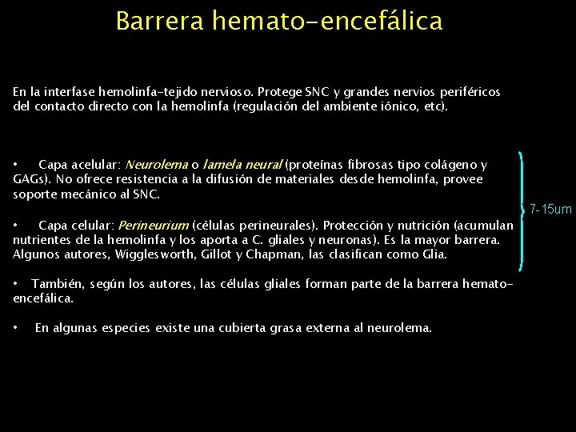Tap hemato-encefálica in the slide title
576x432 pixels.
point(327,21)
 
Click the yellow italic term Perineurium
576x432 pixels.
point(153,226)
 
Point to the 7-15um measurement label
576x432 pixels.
point(551,210)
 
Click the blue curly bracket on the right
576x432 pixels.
point(524,210)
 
